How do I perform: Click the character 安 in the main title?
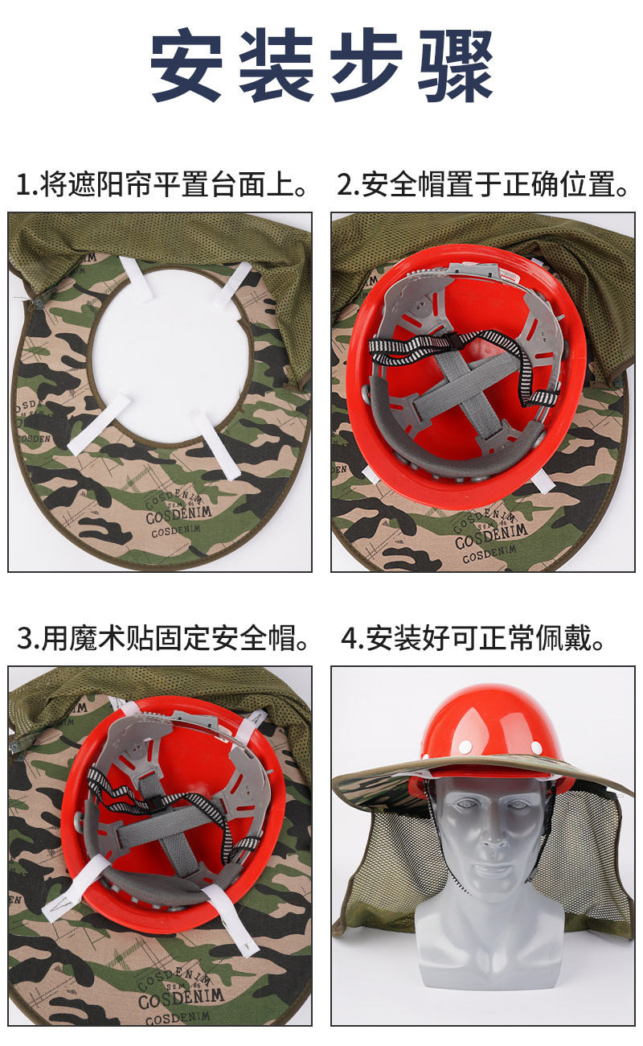tap(186, 65)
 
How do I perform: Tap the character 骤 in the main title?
tap(456, 65)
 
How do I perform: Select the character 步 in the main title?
tap(367, 65)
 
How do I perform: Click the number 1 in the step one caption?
tap(23, 184)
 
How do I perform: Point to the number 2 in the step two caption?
tap(346, 184)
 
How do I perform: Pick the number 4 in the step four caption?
tap(350, 638)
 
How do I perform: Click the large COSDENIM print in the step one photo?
tap(178, 513)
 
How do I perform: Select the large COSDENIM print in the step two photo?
tap(491, 536)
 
